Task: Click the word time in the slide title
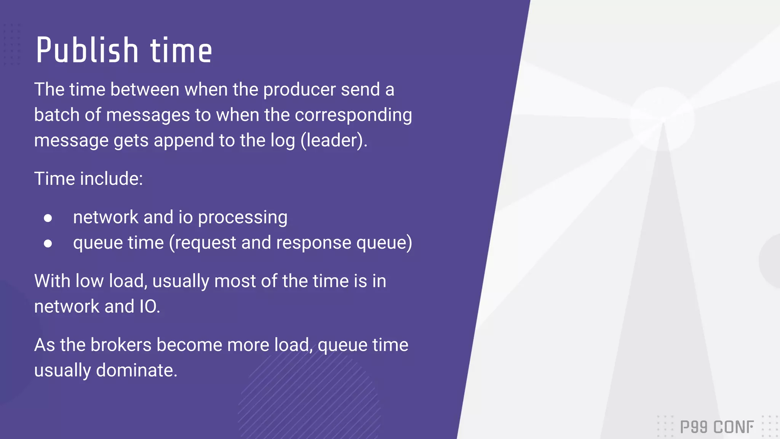pos(181,51)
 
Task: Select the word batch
pos(56,115)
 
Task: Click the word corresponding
pos(353,115)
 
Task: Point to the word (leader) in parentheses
pos(334,141)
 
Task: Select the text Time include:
pos(88,179)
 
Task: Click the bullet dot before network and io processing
pos(48,218)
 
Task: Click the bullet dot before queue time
pos(48,244)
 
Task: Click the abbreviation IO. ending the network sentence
pos(149,307)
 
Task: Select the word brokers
pos(121,345)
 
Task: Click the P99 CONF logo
pos(716,427)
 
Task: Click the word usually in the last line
pos(62,370)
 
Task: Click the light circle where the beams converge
pos(662,119)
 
